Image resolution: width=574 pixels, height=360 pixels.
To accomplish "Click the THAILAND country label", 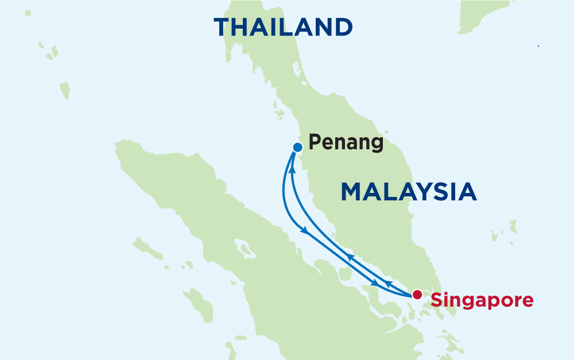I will (283, 27).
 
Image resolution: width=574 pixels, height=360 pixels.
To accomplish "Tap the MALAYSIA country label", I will (409, 192).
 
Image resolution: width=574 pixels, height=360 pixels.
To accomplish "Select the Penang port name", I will (346, 142).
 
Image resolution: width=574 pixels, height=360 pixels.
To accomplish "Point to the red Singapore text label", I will (482, 300).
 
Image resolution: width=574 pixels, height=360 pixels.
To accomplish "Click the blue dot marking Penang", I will (297, 147).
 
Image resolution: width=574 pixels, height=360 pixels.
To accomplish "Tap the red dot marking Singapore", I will (417, 295).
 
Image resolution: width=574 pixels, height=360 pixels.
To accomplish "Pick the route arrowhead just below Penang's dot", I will (292, 170).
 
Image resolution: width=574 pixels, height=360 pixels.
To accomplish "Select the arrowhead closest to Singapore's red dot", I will (389, 284).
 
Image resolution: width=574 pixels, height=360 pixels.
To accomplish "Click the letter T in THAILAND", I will (223, 27).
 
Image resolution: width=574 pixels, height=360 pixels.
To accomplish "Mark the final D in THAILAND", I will (342, 27).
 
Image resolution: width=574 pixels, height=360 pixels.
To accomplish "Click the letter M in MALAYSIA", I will (352, 192).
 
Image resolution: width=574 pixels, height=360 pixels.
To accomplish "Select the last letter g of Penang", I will (377, 144).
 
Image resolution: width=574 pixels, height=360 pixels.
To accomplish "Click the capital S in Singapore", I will (436, 300).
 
